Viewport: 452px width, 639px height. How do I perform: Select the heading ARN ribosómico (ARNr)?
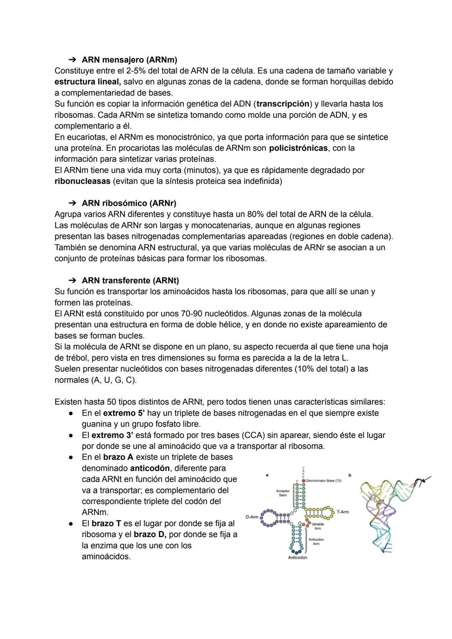coord(128,203)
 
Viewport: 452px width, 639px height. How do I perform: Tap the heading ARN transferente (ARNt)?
coord(130,280)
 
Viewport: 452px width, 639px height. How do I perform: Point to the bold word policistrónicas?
coord(298,148)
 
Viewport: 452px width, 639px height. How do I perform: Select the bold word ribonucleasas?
coord(82,181)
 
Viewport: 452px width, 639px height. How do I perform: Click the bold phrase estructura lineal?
coord(87,82)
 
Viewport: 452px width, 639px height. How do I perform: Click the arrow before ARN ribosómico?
coord(72,203)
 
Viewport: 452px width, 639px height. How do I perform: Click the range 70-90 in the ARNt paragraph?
coord(167,314)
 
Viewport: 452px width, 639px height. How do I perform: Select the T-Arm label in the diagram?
coord(342,512)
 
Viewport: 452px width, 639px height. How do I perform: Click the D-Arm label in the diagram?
coord(252,517)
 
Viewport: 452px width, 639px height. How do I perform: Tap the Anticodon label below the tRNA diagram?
coord(297,558)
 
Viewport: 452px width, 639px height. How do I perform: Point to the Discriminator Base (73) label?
coord(324,481)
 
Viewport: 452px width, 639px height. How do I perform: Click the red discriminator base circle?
coord(303,481)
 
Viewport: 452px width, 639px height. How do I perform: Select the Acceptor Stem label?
coord(283,493)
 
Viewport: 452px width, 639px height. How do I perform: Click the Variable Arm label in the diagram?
coord(317,526)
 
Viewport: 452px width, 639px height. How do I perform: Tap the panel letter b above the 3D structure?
coord(350,475)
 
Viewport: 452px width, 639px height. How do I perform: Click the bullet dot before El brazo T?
coord(72,524)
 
